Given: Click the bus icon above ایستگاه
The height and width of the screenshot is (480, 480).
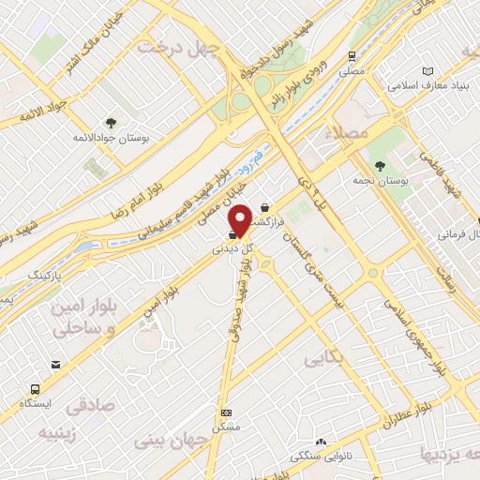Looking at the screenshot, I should coord(36,387).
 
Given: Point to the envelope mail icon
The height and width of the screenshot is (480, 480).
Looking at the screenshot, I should coord(57,364).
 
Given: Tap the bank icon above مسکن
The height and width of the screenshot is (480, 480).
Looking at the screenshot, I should coord(225,412).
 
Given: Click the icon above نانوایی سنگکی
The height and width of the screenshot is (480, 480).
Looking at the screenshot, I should coord(322,442).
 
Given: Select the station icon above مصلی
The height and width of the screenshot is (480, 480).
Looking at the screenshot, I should coord(352,55).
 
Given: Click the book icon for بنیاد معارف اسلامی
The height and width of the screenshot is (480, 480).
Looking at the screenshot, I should coord(428,72).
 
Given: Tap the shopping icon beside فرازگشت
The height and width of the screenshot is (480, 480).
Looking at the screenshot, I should coord(265,208).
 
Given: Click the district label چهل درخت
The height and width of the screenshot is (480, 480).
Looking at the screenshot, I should coord(177,46).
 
